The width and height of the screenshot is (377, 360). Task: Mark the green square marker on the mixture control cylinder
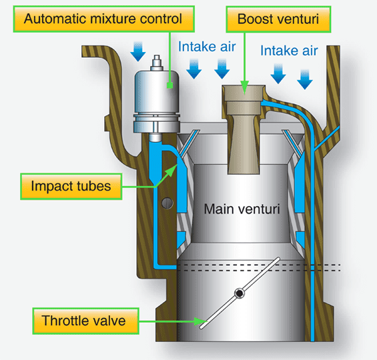170,85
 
